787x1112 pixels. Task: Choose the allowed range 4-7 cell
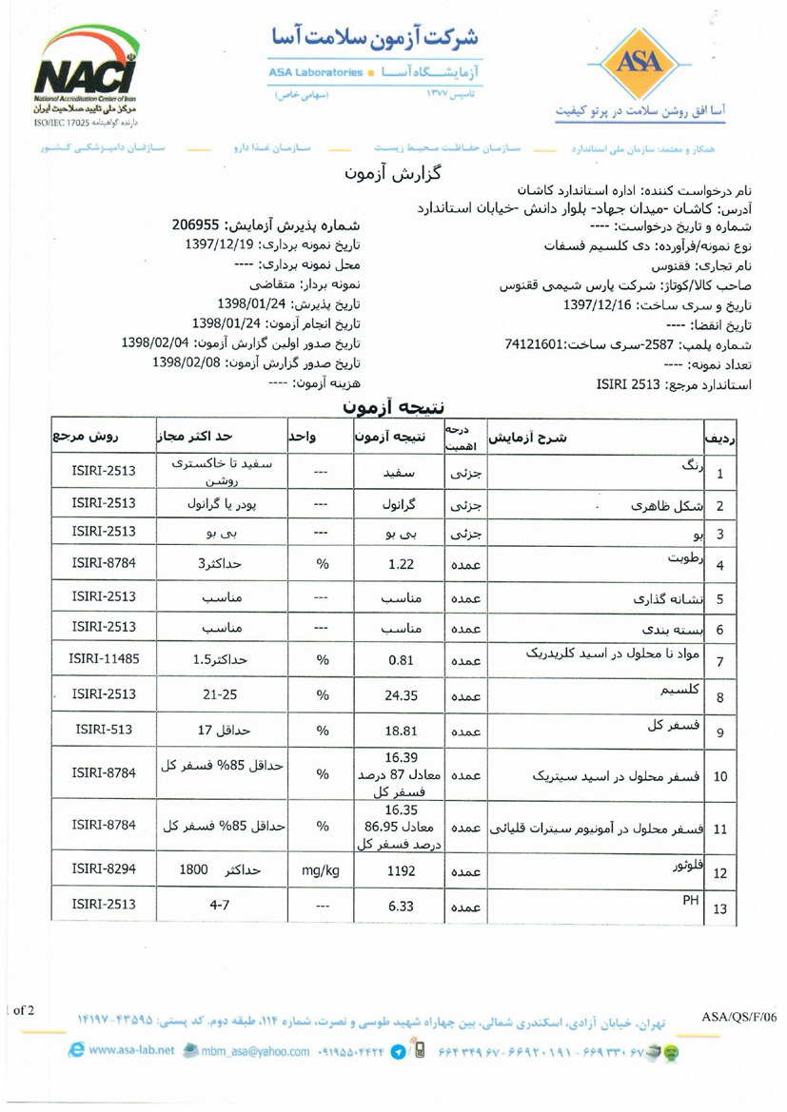pos(220,907)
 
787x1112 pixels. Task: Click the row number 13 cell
pos(719,909)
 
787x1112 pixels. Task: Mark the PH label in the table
pos(690,901)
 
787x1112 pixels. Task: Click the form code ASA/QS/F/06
pos(738,1017)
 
